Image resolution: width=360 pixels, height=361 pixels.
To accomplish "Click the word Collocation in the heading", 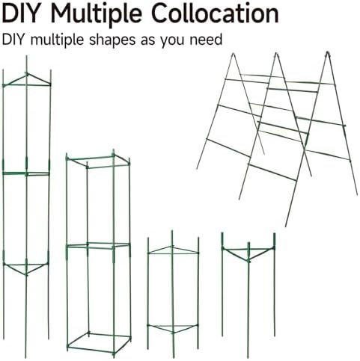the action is point(215,13).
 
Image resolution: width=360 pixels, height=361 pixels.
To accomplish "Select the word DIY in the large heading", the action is point(21,13).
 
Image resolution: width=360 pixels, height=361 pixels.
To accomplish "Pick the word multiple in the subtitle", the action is point(57,40).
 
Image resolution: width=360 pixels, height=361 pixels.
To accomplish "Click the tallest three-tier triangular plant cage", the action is point(26,207).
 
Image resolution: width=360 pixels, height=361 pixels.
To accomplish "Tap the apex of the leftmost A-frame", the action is point(234,54).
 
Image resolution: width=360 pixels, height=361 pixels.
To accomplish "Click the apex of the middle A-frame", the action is point(276,53).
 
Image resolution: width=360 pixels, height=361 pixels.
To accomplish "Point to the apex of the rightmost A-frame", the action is point(328,52).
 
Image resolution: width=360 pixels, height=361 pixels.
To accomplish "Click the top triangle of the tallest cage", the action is point(27,80).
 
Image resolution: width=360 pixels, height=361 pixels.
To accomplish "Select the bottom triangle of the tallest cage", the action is point(26,268).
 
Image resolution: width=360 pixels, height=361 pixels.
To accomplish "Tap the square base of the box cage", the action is point(100,343).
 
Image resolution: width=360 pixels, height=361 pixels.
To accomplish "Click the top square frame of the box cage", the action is point(98,161).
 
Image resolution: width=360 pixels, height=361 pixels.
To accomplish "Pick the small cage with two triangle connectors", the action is point(173,294).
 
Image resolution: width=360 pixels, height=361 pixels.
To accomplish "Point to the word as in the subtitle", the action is point(148,41).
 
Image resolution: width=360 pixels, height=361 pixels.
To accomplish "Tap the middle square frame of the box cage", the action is point(98,246).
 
